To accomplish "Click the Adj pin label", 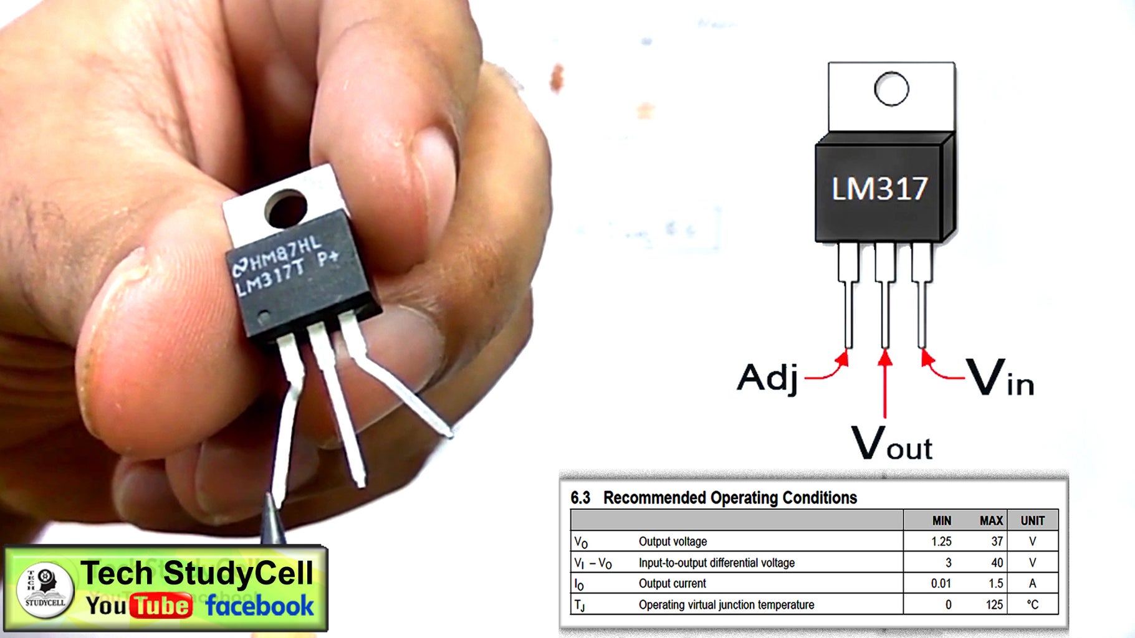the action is click(x=767, y=378).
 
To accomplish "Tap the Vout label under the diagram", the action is click(x=892, y=444).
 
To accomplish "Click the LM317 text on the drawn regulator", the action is click(x=879, y=189).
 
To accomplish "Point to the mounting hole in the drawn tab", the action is click(x=891, y=89).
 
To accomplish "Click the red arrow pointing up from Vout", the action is click(x=884, y=383).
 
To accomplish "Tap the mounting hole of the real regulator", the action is click(x=286, y=209).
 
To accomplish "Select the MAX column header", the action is click(x=991, y=521).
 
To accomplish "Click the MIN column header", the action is click(x=942, y=521).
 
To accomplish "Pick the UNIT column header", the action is click(x=1032, y=521).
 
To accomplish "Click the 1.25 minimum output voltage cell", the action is click(x=941, y=541).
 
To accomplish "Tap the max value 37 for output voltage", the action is click(x=997, y=541).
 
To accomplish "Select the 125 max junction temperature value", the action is click(x=994, y=604).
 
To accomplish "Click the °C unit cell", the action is click(x=1033, y=604).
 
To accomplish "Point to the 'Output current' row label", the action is click(x=672, y=583).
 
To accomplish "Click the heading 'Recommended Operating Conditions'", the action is click(x=730, y=497).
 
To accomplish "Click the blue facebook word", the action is click(x=259, y=606).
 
